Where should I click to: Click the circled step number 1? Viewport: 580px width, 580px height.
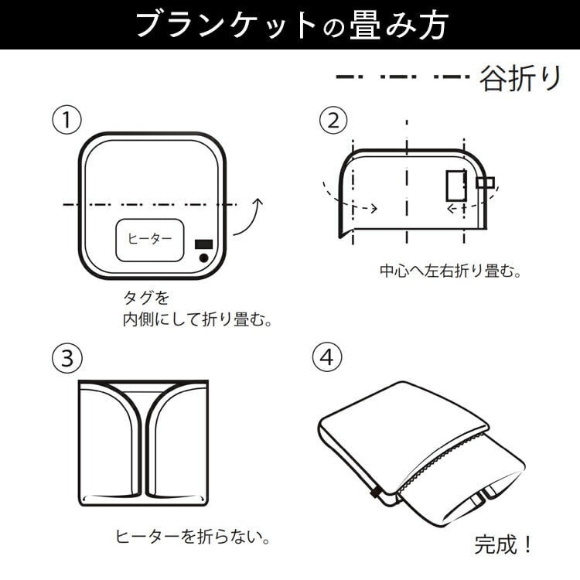point(67,120)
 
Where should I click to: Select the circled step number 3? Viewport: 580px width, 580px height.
point(67,358)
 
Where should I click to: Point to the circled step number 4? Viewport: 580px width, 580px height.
point(327,358)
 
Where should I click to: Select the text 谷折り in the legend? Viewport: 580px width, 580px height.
point(520,79)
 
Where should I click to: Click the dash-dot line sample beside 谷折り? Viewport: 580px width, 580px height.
point(402,77)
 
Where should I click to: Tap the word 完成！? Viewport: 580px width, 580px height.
point(504,544)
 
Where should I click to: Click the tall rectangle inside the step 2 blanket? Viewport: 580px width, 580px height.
point(455,186)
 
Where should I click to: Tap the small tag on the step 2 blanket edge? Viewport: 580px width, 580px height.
point(485,183)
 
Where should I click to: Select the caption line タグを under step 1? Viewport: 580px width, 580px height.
point(146,298)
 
